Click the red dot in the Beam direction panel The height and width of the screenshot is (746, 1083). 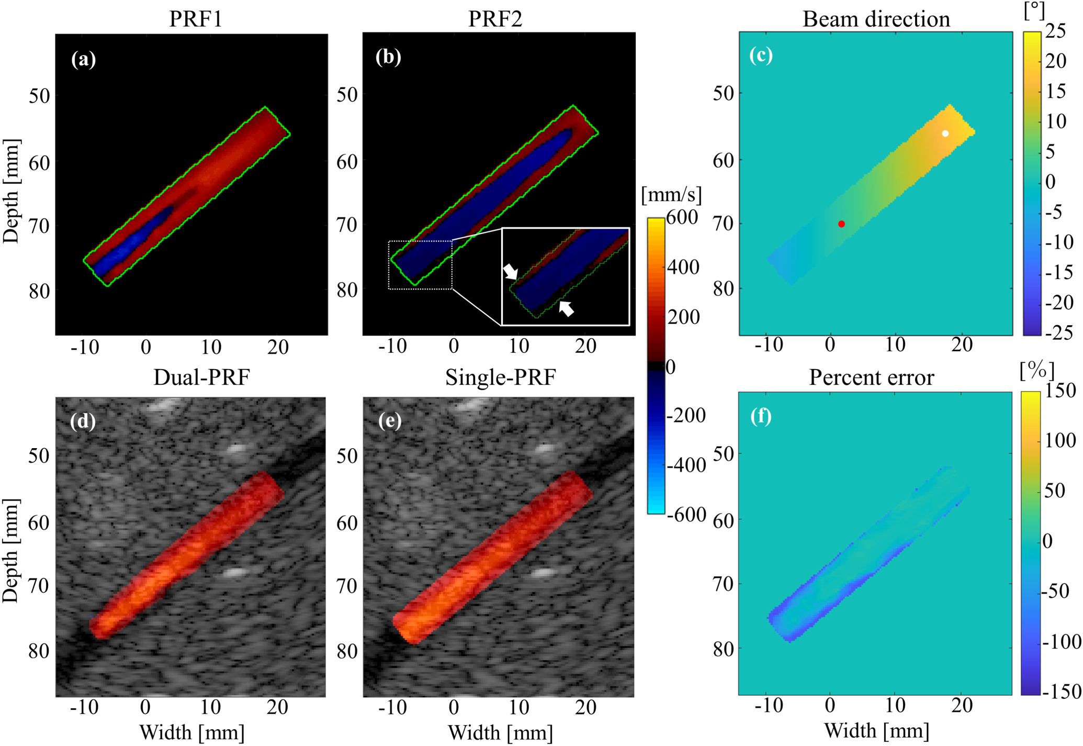click(x=841, y=224)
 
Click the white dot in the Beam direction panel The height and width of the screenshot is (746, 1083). click(x=945, y=133)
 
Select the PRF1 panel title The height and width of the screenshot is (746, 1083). click(x=196, y=19)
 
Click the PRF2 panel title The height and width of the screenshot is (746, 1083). click(x=495, y=19)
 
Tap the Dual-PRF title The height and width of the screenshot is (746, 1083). click(x=201, y=377)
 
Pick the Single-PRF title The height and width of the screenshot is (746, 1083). click(x=500, y=377)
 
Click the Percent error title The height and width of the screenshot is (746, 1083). click(x=871, y=377)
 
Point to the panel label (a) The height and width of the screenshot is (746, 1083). click(x=84, y=59)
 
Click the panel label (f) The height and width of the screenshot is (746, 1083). click(x=761, y=416)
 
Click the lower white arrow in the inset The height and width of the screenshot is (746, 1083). click(x=566, y=308)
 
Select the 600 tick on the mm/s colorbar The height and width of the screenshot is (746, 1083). click(x=682, y=217)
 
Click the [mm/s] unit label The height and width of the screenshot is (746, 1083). click(x=671, y=195)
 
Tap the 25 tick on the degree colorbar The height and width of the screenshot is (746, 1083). click(x=1055, y=31)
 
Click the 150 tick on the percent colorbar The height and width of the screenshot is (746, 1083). click(x=1060, y=391)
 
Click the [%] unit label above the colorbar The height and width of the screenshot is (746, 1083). click(x=1037, y=371)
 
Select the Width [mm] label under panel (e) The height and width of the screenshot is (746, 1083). click(x=500, y=732)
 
